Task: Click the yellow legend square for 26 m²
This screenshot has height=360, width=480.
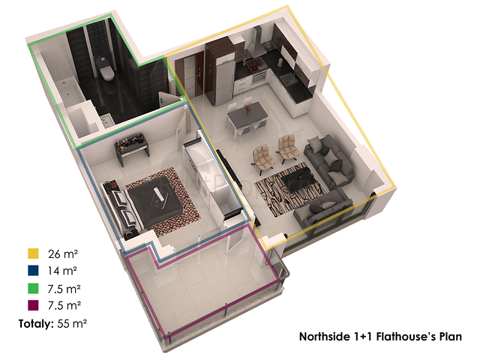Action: coord(33,253)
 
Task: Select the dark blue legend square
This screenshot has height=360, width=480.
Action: coord(33,271)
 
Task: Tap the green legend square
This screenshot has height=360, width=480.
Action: coord(33,288)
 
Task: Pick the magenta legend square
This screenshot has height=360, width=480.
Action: coord(33,305)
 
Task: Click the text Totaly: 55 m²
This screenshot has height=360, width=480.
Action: coord(52,323)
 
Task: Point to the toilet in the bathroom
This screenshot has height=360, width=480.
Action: coord(106,71)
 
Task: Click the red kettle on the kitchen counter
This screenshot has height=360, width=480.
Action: coord(280,62)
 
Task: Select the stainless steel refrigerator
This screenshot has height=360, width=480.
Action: coord(225,80)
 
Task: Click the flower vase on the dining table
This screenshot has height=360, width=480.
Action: coord(247,109)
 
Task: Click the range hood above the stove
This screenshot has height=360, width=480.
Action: coord(259,43)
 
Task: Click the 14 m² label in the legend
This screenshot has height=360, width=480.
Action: coord(62,271)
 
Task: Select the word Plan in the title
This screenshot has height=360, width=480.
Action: coord(451,337)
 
